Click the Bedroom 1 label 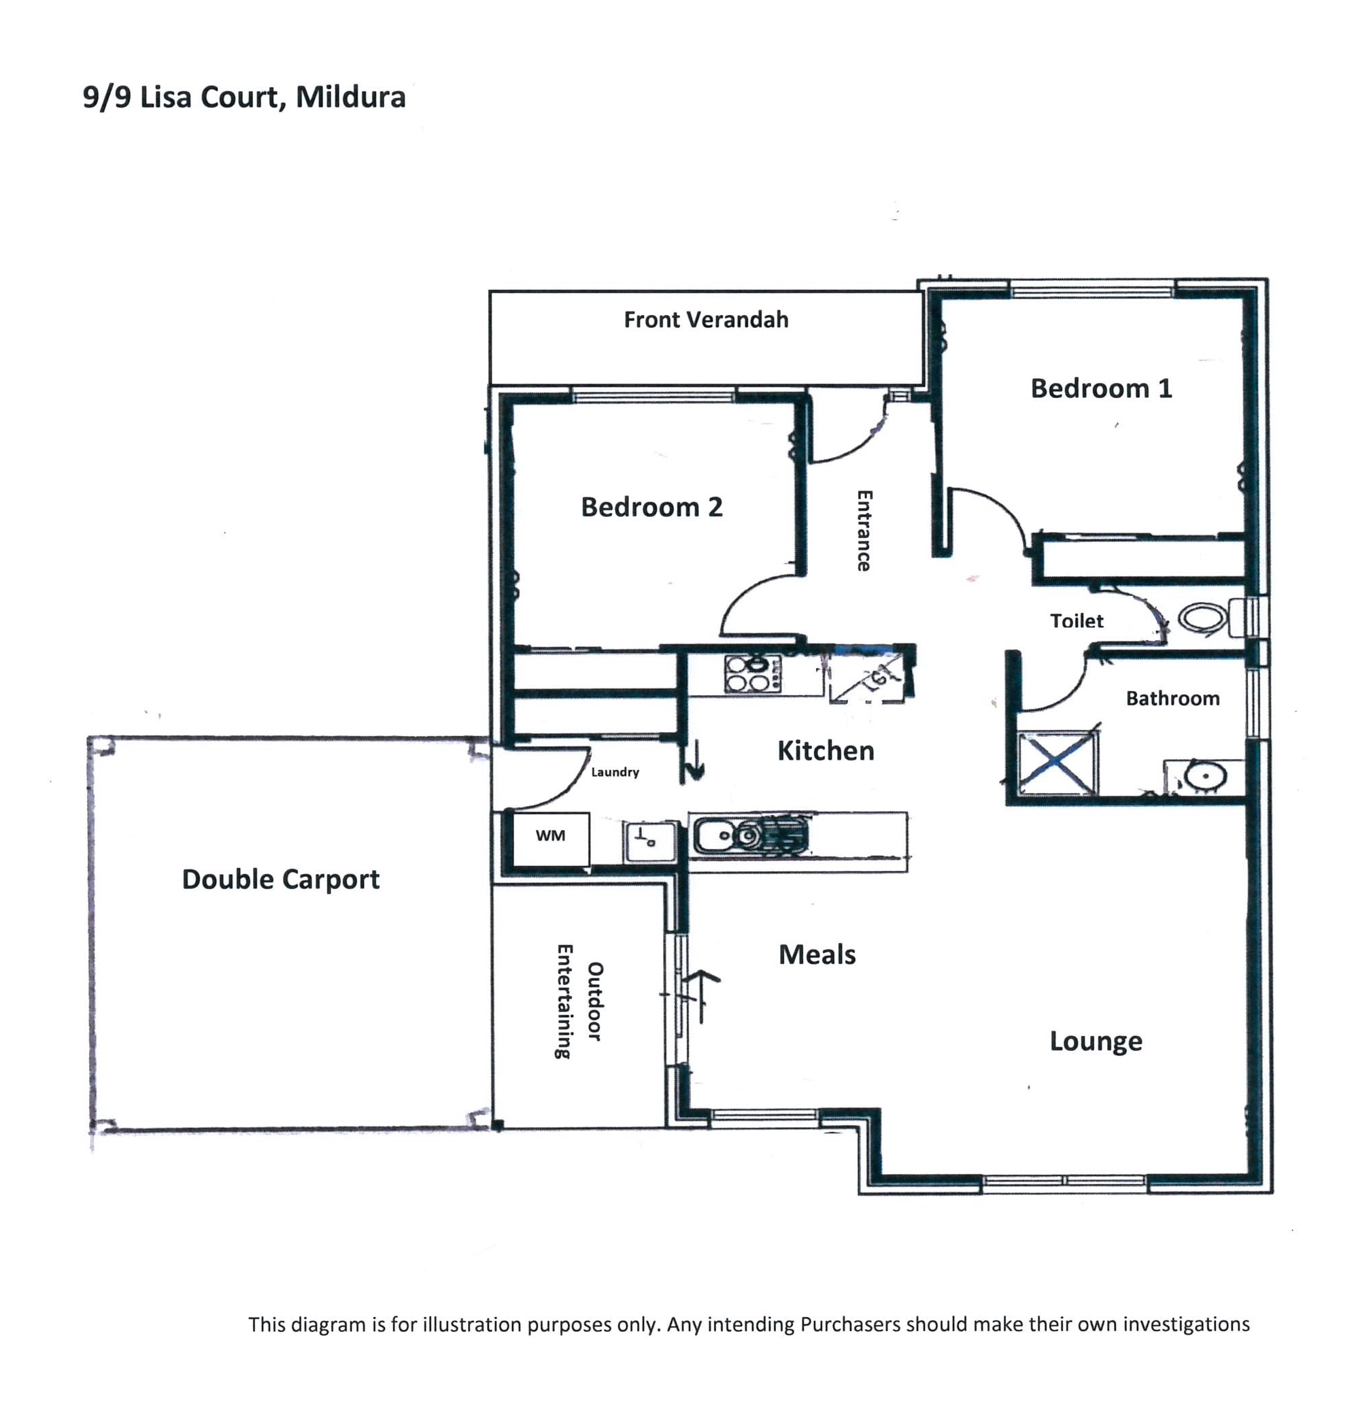click(x=1101, y=388)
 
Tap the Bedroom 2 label click(x=651, y=507)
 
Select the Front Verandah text click(x=706, y=320)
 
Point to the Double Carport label click(x=280, y=880)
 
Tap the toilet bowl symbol click(x=1202, y=618)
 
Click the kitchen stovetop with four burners click(x=753, y=673)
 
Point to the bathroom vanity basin click(x=1205, y=776)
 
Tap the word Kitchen click(x=825, y=751)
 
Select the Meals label click(x=817, y=954)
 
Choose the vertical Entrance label click(x=864, y=531)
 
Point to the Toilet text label click(x=1077, y=621)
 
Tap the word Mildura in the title click(x=350, y=97)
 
